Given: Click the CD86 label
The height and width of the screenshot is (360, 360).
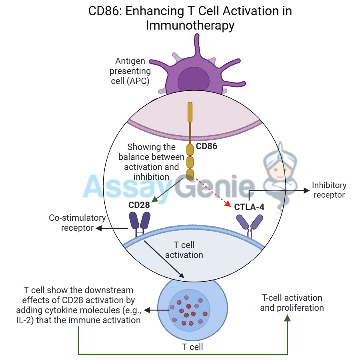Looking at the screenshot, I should point(206,146).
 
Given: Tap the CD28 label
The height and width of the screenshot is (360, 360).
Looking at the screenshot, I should point(139,205).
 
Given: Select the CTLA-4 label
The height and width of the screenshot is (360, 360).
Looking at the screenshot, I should point(249,207).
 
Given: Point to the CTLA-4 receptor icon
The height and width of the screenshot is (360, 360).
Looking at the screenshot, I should point(250,224).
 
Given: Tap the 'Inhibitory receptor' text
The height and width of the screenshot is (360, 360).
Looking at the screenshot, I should point(329,190).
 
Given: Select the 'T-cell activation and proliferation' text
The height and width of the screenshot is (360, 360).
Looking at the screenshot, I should point(292,303).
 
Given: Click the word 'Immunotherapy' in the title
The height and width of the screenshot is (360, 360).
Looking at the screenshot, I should point(190,25).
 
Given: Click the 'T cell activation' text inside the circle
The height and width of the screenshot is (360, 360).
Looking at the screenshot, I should point(184,250).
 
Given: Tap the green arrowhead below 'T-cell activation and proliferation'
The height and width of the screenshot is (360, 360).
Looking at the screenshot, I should point(287,318).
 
